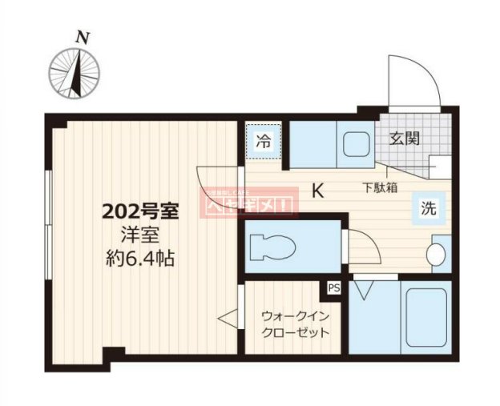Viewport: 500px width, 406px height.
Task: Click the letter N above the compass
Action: pyautogui.click(x=81, y=37)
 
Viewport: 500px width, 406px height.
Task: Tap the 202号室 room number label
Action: pyautogui.click(x=139, y=212)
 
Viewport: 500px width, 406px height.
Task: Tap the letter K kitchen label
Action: pyautogui.click(x=318, y=191)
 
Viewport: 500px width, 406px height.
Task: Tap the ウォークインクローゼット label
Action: pyautogui.click(x=293, y=323)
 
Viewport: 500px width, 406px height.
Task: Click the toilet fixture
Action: pyautogui.click(x=272, y=247)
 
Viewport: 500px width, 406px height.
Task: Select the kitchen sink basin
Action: pyautogui.click(x=353, y=145)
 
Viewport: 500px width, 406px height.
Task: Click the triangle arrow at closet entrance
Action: pyautogui.click(x=228, y=319)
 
